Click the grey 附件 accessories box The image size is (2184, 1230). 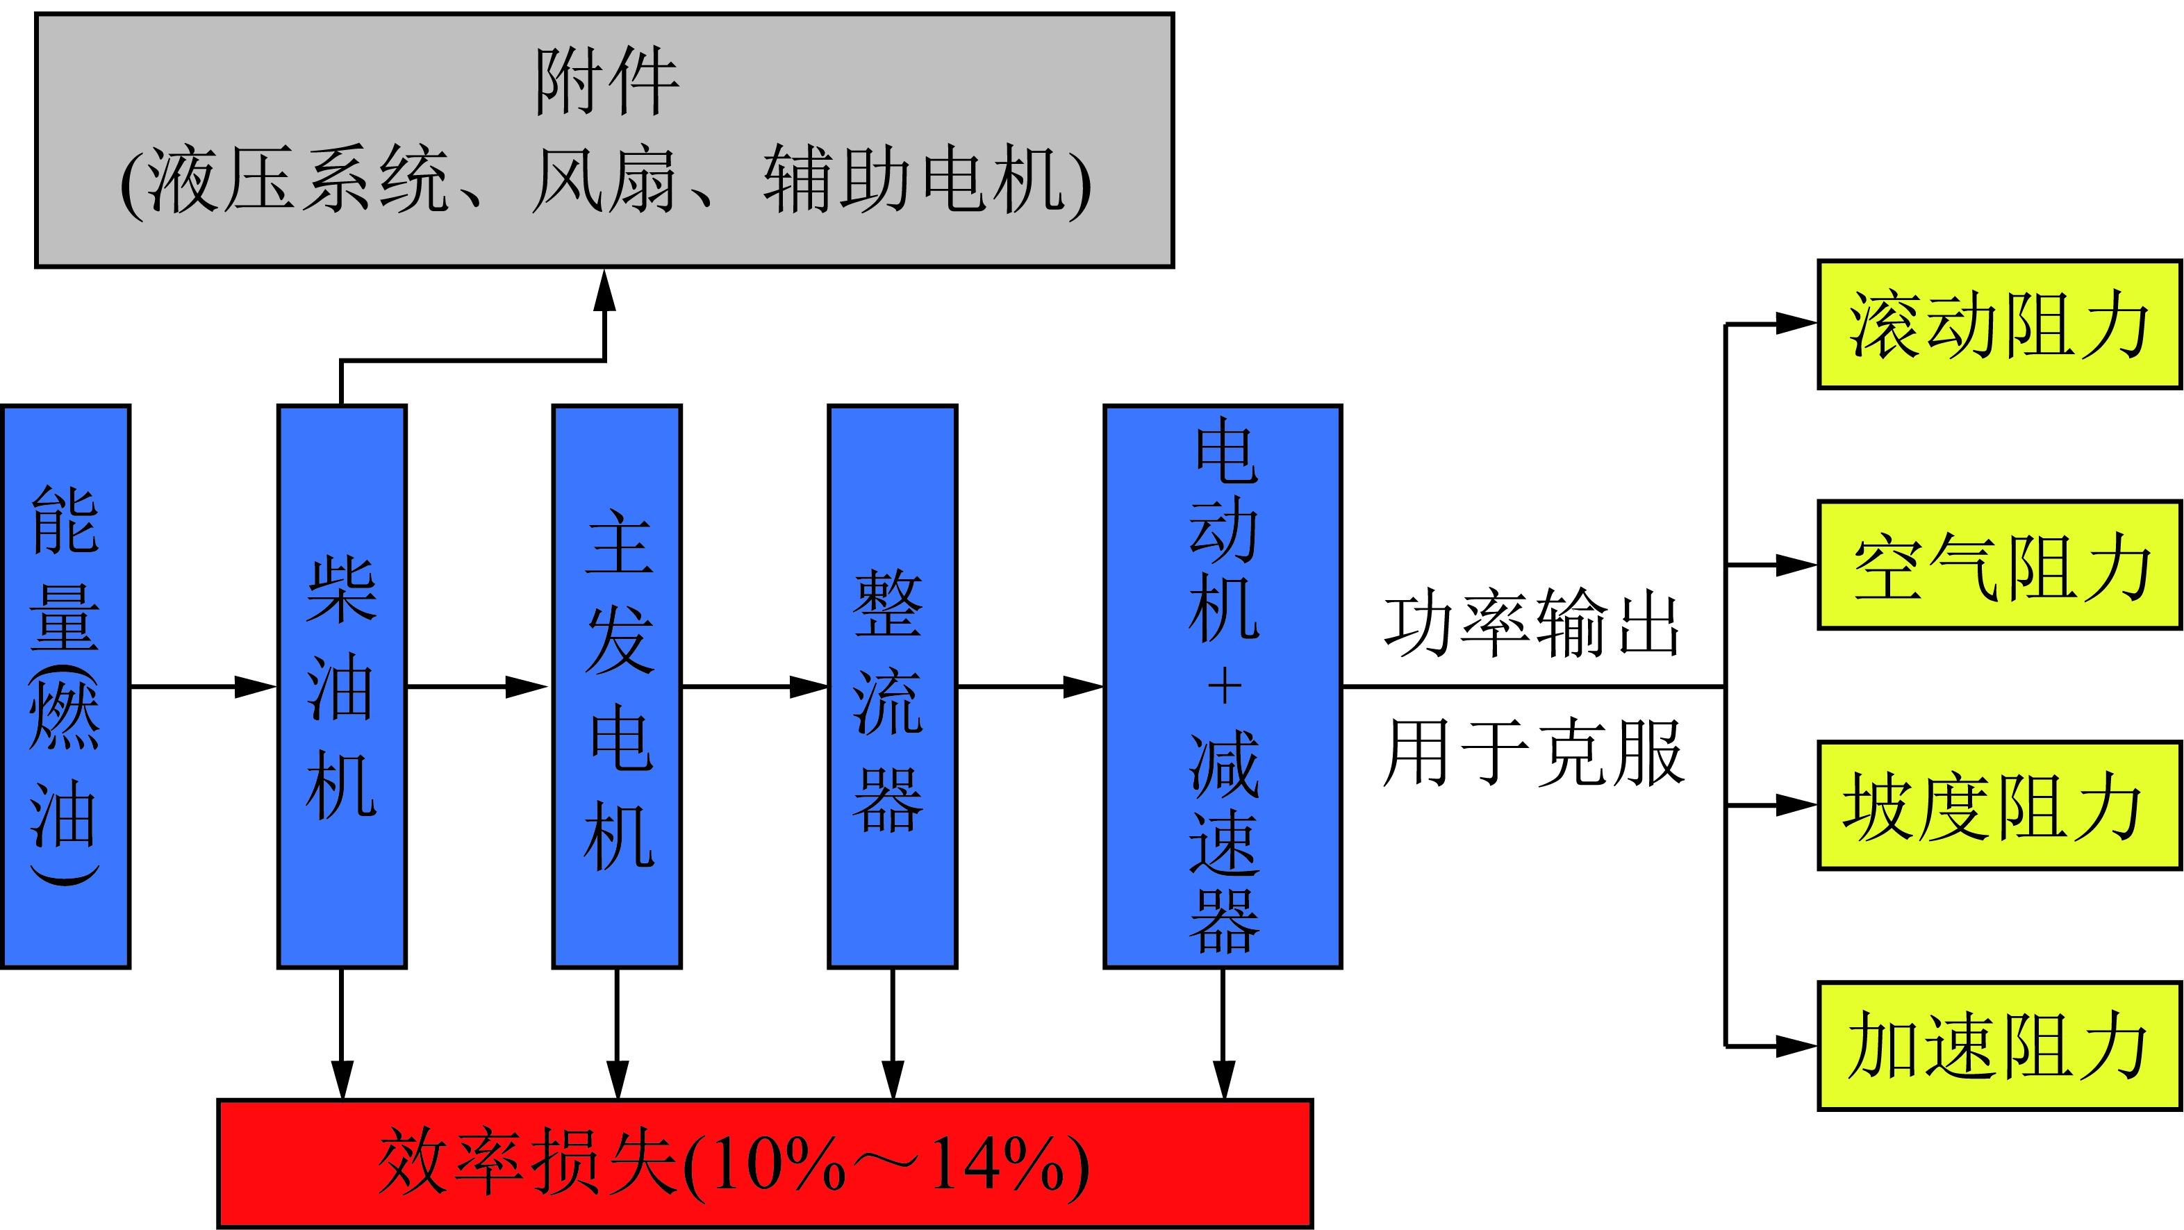[604, 140]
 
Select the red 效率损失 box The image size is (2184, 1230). [765, 1163]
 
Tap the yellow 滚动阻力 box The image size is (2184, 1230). [1999, 324]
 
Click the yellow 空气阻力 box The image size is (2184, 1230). [1999, 565]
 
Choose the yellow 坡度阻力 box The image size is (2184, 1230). [1999, 806]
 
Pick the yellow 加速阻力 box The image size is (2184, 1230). [1999, 1045]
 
